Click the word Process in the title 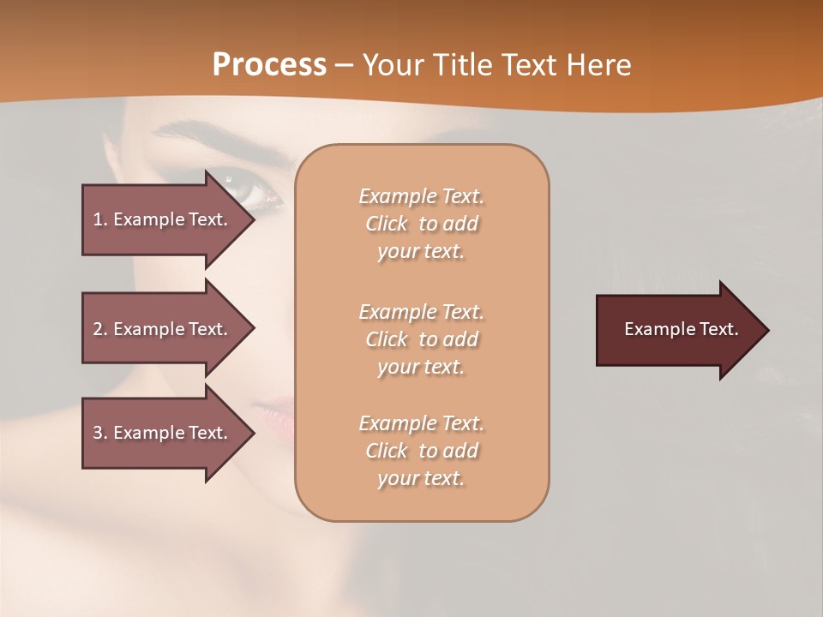point(269,65)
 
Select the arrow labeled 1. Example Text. point(163,219)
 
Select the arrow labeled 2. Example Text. point(163,329)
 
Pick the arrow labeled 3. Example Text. point(163,433)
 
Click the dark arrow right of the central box point(677,330)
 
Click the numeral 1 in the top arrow point(98,219)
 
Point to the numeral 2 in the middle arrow point(98,329)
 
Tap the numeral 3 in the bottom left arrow point(98,433)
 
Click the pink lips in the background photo point(279,415)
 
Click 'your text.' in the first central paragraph point(421,252)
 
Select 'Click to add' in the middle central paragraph point(421,339)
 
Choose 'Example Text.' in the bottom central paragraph point(421,423)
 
